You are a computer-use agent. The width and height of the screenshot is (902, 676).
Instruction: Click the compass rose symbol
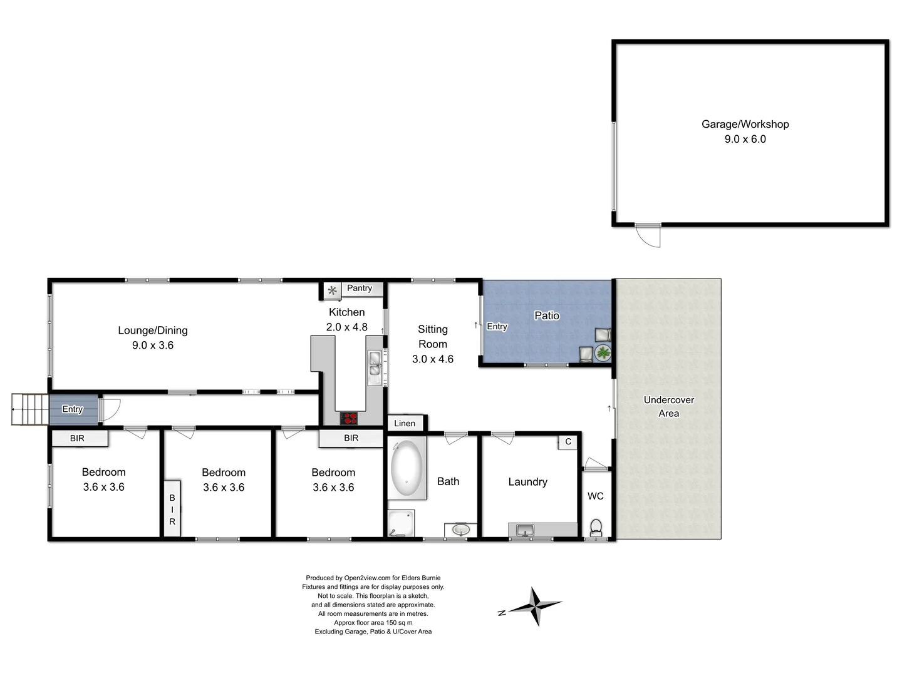(x=536, y=606)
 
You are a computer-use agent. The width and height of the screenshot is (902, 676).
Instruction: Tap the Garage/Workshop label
(x=745, y=124)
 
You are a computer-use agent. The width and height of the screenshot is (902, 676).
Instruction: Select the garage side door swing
(x=648, y=235)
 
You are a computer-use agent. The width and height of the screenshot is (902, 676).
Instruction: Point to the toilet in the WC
(x=596, y=526)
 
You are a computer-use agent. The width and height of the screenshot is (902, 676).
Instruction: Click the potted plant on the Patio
(x=603, y=353)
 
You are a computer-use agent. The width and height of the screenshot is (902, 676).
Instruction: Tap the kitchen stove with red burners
(x=349, y=418)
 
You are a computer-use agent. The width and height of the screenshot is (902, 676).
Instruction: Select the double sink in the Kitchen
(x=375, y=367)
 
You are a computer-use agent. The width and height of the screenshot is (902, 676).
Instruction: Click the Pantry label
(x=360, y=288)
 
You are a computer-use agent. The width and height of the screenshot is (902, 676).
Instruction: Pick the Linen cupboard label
(x=405, y=423)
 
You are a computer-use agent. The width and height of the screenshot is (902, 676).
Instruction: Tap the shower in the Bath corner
(x=400, y=523)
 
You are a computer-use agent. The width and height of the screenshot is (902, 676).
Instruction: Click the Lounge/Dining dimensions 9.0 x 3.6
(x=153, y=345)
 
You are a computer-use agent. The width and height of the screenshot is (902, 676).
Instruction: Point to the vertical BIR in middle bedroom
(x=172, y=508)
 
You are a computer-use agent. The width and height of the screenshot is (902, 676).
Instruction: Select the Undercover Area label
(x=668, y=406)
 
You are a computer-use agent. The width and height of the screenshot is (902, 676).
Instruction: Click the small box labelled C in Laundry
(x=568, y=441)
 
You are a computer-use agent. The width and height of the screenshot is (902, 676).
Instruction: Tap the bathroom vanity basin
(x=461, y=530)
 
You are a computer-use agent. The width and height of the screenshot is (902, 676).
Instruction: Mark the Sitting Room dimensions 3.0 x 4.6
(x=433, y=359)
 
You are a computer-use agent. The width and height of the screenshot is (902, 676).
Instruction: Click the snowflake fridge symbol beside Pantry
(x=333, y=290)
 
